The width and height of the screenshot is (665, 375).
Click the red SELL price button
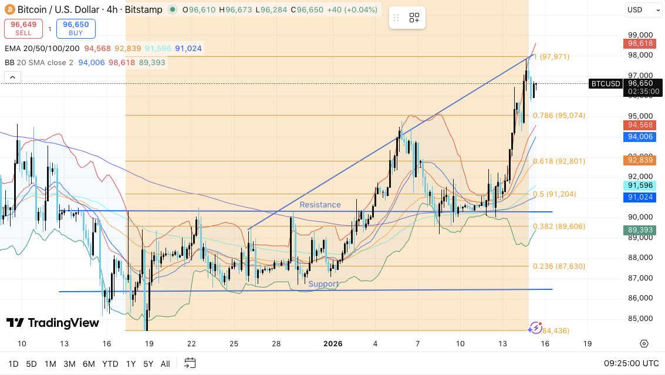(x=23, y=28)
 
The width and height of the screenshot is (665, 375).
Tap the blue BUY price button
(x=76, y=28)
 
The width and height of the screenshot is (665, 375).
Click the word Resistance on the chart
(x=320, y=205)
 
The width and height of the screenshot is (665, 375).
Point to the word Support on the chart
(x=323, y=284)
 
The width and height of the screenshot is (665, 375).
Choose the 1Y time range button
(x=131, y=364)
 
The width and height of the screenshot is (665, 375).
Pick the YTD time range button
(x=110, y=364)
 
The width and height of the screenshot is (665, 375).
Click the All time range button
(x=166, y=364)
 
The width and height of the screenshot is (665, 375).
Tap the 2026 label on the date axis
(x=333, y=343)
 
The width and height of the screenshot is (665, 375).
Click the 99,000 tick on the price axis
(x=640, y=35)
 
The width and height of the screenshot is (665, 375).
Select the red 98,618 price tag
(x=640, y=43)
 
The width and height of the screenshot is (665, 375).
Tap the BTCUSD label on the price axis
(x=605, y=84)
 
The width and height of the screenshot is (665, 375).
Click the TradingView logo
(x=53, y=323)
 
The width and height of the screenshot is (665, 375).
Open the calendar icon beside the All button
(x=190, y=363)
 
